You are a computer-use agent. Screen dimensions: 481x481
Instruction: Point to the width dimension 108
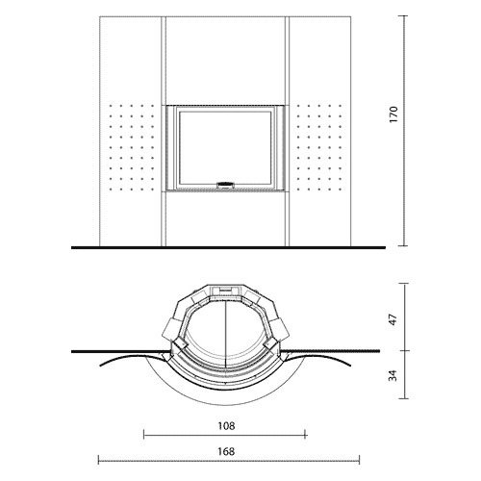[225, 423]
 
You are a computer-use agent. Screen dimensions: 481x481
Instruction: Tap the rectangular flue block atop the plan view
[225, 288]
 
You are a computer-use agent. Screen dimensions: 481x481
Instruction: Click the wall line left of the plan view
[106, 348]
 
